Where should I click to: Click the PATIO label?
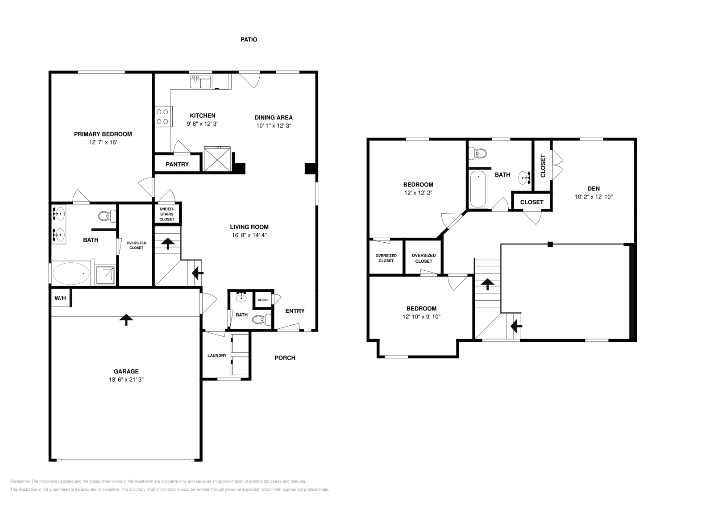249,39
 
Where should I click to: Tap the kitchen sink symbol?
201,82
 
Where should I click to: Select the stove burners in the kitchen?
162,116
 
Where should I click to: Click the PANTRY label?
177,164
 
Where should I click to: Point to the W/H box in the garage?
60,298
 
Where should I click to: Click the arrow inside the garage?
126,319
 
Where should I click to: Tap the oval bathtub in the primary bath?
71,273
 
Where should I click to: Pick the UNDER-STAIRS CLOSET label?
167,214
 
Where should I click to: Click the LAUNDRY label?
217,356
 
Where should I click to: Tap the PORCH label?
285,358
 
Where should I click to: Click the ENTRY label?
295,311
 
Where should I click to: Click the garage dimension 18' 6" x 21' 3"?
126,380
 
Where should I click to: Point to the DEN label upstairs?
594,188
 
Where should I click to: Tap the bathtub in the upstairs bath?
478,189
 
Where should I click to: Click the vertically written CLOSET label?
543,166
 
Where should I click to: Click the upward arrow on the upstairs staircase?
487,283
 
